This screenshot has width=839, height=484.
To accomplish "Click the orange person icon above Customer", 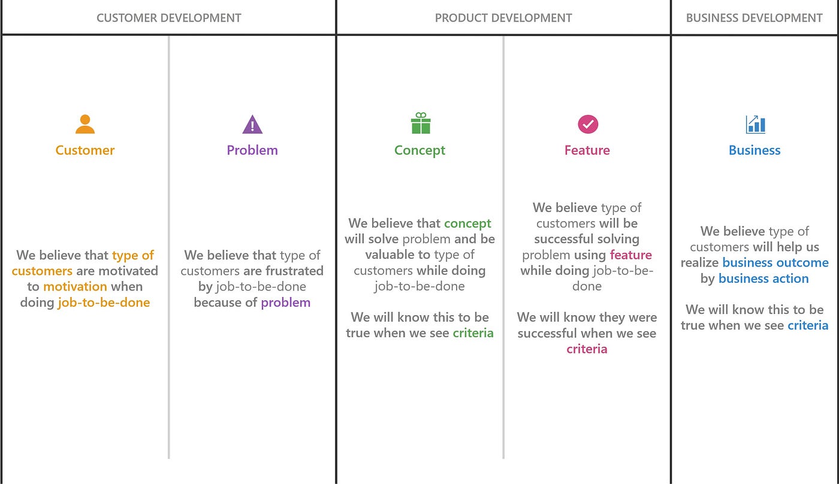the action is click(x=85, y=124).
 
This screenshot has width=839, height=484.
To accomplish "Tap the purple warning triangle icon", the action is click(x=252, y=124).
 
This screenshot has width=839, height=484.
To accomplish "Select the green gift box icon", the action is click(x=421, y=123).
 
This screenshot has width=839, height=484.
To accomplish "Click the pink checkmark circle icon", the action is click(x=588, y=124).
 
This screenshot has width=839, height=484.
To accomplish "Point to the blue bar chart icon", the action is click(x=755, y=124).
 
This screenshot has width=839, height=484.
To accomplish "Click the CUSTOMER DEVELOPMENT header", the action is click(x=168, y=18).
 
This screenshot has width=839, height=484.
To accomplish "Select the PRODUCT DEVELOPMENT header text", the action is click(x=503, y=18).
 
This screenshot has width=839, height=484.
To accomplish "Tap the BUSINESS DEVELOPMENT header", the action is click(x=754, y=18).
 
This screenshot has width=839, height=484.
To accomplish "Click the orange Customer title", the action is click(x=85, y=150).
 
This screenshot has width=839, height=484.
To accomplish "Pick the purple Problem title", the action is click(x=252, y=150).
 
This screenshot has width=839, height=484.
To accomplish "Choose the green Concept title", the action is click(x=419, y=150).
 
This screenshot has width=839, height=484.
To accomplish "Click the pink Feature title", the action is click(x=587, y=150).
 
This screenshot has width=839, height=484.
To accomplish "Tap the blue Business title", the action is click(x=755, y=150).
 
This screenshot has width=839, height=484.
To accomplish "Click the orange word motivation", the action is click(x=76, y=286).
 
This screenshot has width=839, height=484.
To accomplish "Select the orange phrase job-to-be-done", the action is click(x=104, y=302).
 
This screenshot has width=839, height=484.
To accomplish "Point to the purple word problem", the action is click(x=285, y=302).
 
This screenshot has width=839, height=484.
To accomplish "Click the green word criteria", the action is click(x=473, y=333).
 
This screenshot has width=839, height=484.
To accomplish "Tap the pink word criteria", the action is click(x=587, y=349).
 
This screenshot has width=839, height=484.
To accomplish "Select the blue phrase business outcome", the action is click(x=775, y=262).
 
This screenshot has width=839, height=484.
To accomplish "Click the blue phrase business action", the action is click(x=763, y=279).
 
